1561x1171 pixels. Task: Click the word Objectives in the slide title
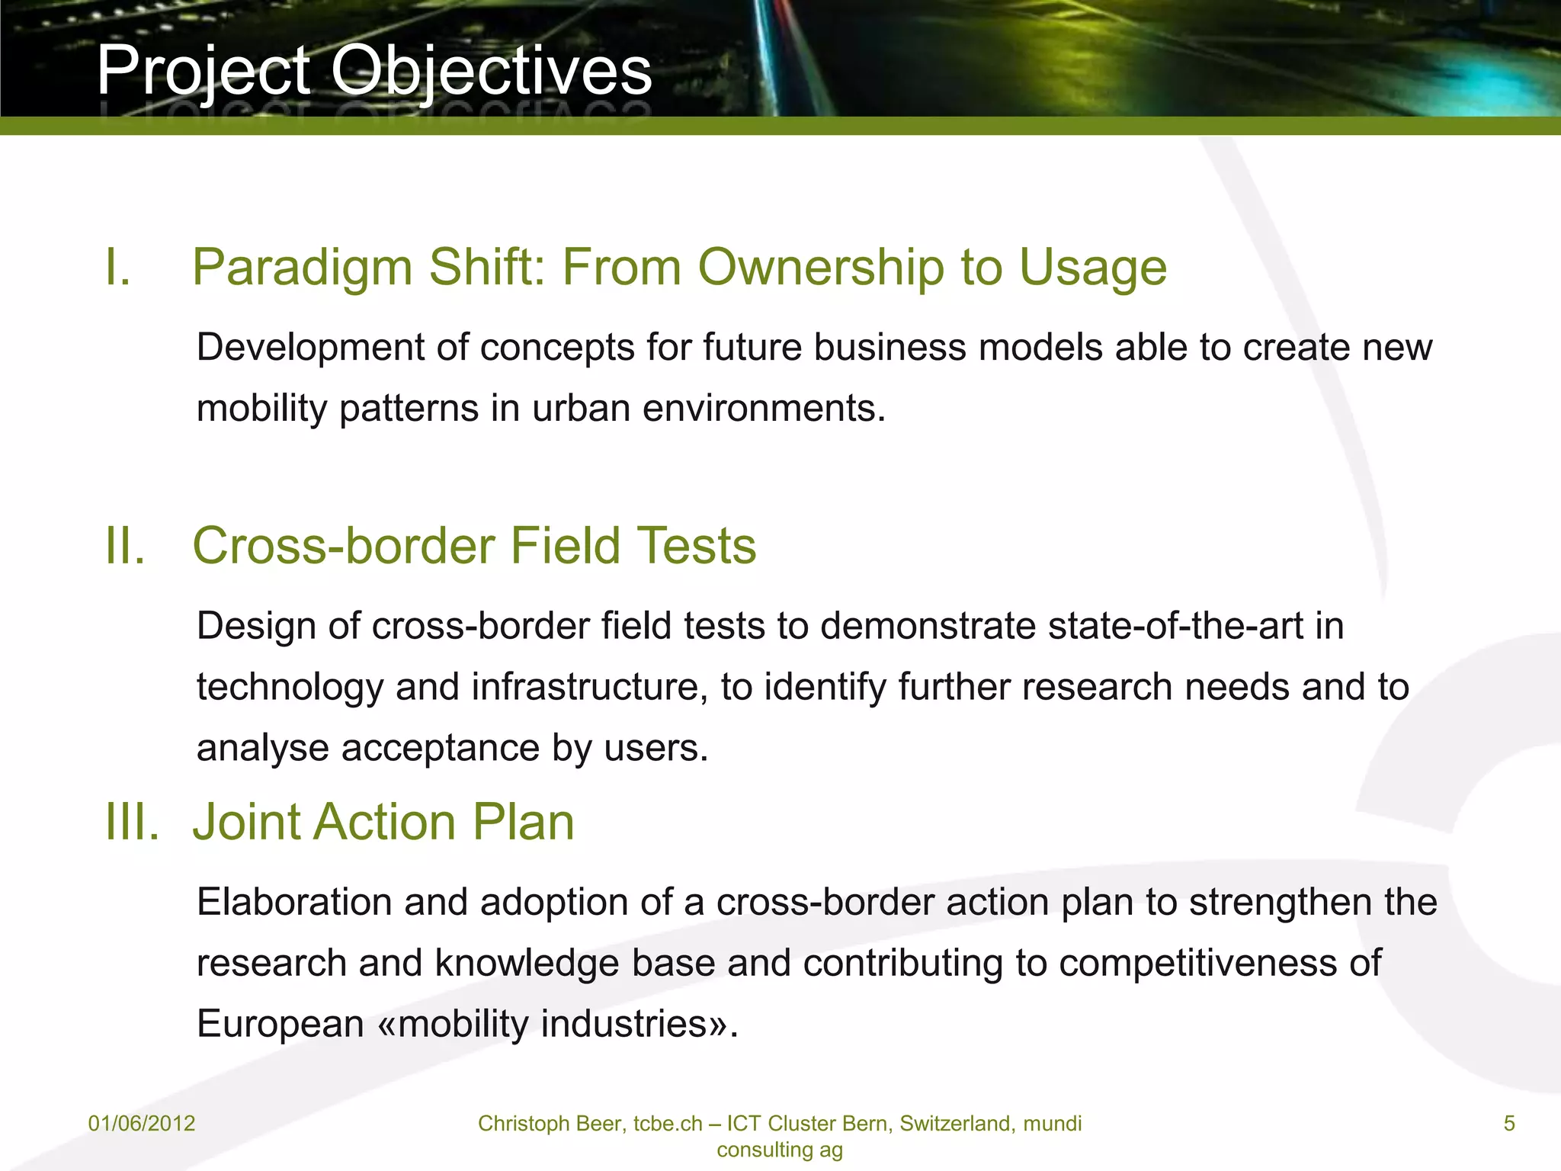pos(491,70)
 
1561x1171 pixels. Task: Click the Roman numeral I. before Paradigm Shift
pos(117,268)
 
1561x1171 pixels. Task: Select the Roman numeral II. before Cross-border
pos(124,546)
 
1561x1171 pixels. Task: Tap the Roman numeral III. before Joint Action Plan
pos(132,822)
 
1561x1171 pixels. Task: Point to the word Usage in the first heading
pos(1092,268)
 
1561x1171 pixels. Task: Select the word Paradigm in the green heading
pos(302,268)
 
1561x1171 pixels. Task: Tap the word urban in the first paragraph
pos(581,408)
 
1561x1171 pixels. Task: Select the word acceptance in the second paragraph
pos(440,747)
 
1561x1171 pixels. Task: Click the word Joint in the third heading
pos(248,822)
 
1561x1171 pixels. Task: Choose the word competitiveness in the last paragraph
pos(1197,962)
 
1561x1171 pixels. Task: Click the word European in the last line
pos(280,1023)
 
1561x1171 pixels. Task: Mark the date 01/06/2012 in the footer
pos(142,1123)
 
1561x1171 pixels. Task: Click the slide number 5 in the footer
pos(1508,1123)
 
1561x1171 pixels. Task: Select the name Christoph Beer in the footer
pos(548,1123)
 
